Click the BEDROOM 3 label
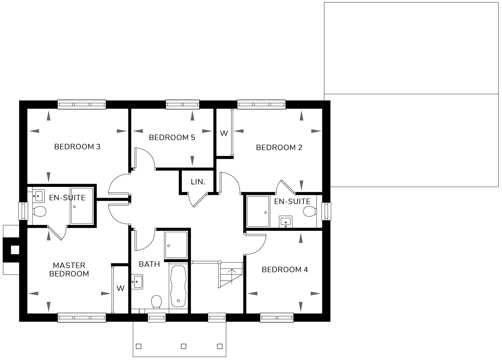point(77,147)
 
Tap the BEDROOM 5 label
point(172,138)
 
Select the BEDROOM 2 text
point(279,148)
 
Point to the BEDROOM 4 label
point(285,269)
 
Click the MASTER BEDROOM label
point(69,269)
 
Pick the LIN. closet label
point(198,182)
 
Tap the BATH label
point(149,264)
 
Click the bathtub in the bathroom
point(178,286)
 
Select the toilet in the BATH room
point(157,301)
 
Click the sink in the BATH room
point(137,281)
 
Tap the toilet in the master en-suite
point(40,212)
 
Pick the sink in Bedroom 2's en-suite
point(285,222)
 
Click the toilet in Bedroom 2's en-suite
point(310,212)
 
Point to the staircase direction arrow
point(232,276)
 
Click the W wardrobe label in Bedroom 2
point(224,133)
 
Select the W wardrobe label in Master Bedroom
point(120,288)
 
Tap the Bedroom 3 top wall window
point(82,105)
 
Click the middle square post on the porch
point(183,346)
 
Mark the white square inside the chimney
point(15,250)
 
